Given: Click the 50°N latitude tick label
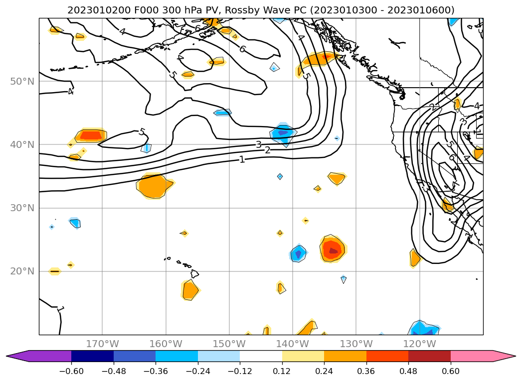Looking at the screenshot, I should pyautogui.click(x=22, y=81).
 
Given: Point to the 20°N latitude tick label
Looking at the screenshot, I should pyautogui.click(x=22, y=271).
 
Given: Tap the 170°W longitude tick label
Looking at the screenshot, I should pyautogui.click(x=102, y=344).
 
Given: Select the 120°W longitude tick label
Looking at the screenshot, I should pyautogui.click(x=419, y=344).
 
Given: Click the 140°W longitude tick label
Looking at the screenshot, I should pyautogui.click(x=293, y=344).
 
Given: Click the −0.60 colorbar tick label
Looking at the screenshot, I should pyautogui.click(x=71, y=371).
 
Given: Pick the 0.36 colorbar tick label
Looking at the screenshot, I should pyautogui.click(x=366, y=371).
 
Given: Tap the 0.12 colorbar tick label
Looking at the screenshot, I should pyautogui.click(x=282, y=371).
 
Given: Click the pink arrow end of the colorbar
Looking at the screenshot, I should pyautogui.click(x=504, y=356).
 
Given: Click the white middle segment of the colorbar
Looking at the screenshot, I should pyautogui.click(x=261, y=356).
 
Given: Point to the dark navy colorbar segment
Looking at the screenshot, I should pyautogui.click(x=92, y=356).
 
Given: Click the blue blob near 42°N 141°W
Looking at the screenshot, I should pyautogui.click(x=283, y=133).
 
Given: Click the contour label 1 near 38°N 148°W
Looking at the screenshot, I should pyautogui.click(x=242, y=159).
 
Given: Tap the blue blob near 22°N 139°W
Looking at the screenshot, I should pyautogui.click(x=298, y=254).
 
